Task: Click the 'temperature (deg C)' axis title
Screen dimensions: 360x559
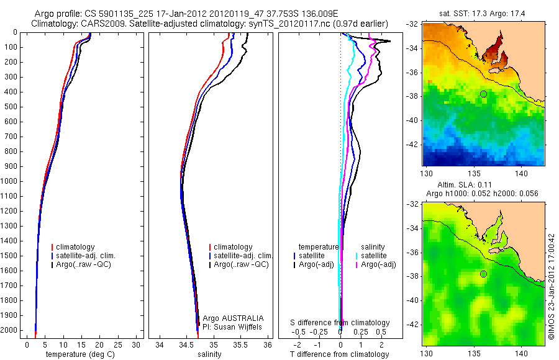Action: [81, 354]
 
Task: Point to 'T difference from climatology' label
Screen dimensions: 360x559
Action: [340, 354]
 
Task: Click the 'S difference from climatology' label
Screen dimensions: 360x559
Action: [340, 323]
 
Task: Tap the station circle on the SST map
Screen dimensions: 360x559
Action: [483, 94]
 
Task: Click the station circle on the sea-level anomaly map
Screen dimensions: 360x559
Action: [483, 274]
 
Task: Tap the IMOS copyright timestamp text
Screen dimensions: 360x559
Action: [552, 286]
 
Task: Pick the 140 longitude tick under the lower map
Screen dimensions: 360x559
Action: [520, 353]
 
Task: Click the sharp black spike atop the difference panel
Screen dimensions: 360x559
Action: [389, 42]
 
